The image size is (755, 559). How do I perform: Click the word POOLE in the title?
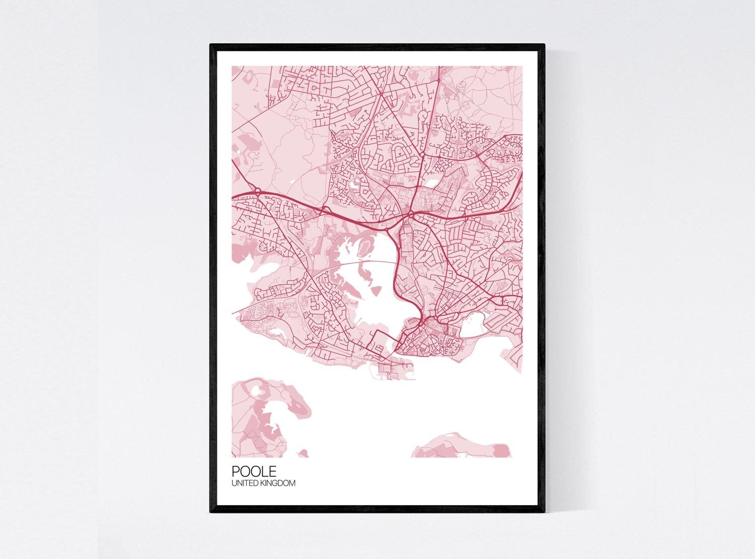coord(254,471)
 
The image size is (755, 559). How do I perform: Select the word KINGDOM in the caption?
coord(280,483)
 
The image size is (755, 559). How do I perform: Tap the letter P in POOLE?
coord(236,471)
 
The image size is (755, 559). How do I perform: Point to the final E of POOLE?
coord(272,471)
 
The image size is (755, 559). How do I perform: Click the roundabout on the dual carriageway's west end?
coord(257,191)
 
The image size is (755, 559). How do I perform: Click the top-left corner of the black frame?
coord(211,45)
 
